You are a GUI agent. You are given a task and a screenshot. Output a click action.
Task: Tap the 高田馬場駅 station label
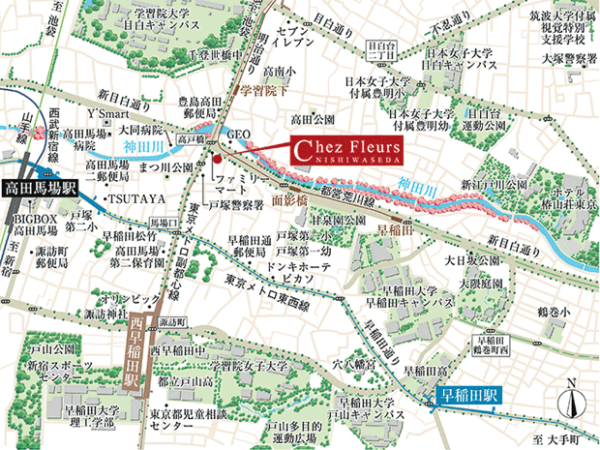click(x=40, y=190)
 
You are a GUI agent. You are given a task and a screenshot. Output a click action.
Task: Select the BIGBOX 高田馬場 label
click(x=45, y=226)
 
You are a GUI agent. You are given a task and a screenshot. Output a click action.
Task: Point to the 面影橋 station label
click(x=288, y=198)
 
